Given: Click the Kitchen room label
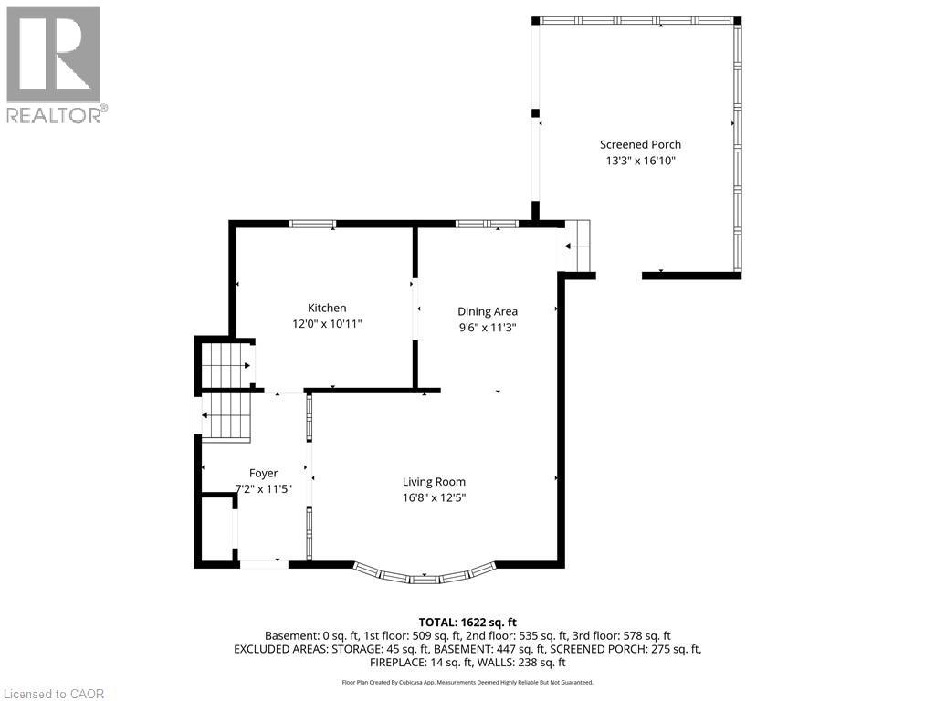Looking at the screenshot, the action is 327,308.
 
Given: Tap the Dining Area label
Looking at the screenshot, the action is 488,311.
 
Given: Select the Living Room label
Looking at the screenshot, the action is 434,482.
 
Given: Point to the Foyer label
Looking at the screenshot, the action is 263,474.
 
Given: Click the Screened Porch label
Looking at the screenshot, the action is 640,144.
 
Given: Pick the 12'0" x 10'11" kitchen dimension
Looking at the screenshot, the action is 327,324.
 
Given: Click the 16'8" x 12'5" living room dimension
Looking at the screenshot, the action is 434,497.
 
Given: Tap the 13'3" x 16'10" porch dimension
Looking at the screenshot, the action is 640,161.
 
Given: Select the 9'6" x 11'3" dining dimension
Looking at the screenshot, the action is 488,328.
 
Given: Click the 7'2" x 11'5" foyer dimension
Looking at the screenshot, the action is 263,489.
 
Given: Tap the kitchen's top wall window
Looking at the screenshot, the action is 312,225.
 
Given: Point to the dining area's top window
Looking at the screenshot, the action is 488,225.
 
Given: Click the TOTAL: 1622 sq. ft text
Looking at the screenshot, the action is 467,623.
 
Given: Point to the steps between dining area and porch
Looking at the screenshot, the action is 577,246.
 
